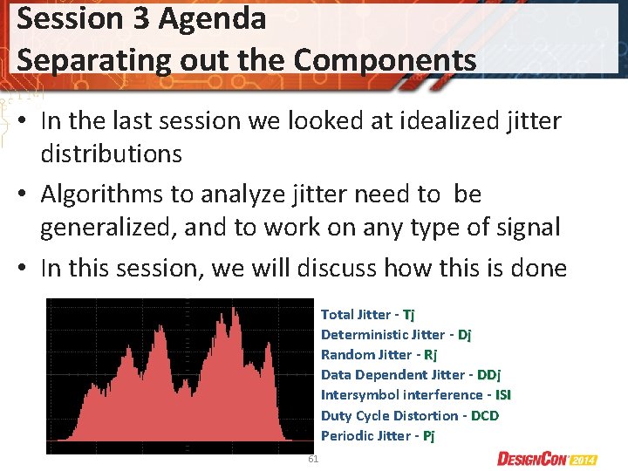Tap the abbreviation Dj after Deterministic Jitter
(x=464, y=334)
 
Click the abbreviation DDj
(x=488, y=374)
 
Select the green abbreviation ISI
(x=503, y=394)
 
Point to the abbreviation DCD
(x=484, y=415)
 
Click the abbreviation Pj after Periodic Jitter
(x=428, y=435)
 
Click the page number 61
(x=314, y=459)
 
